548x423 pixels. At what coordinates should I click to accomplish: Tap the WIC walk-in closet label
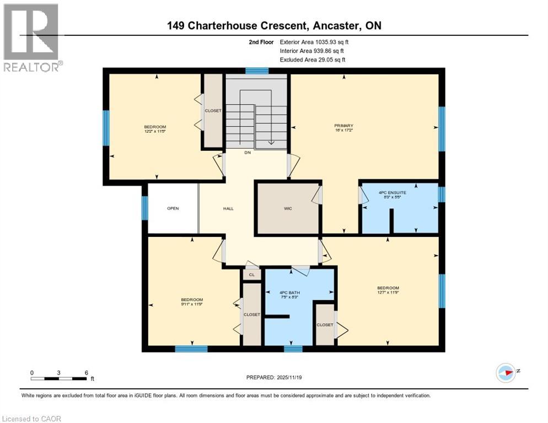[x=288, y=208]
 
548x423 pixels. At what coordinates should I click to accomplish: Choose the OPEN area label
[x=173, y=208]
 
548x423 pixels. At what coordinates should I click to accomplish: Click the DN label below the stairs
[x=248, y=153]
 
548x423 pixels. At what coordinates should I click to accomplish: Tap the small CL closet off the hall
[x=252, y=274]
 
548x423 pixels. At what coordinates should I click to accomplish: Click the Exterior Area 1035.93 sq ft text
[x=313, y=41]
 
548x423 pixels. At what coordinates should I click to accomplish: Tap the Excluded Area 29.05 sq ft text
[x=313, y=59]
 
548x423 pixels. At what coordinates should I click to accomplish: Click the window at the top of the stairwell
[x=257, y=70]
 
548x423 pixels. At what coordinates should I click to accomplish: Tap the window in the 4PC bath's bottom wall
[x=293, y=348]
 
